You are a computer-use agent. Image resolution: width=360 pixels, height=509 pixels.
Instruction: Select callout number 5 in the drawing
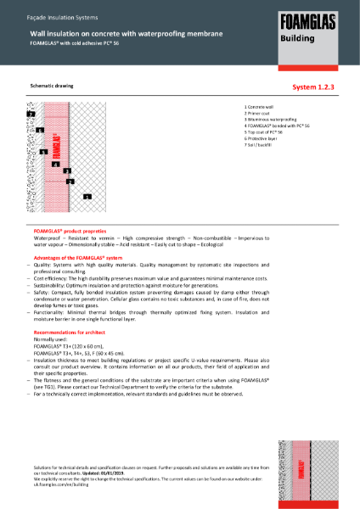(43, 151)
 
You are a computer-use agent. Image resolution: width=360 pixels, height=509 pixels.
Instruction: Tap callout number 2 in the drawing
(70, 182)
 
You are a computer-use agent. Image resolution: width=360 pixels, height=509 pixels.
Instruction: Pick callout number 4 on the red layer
(55, 163)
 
